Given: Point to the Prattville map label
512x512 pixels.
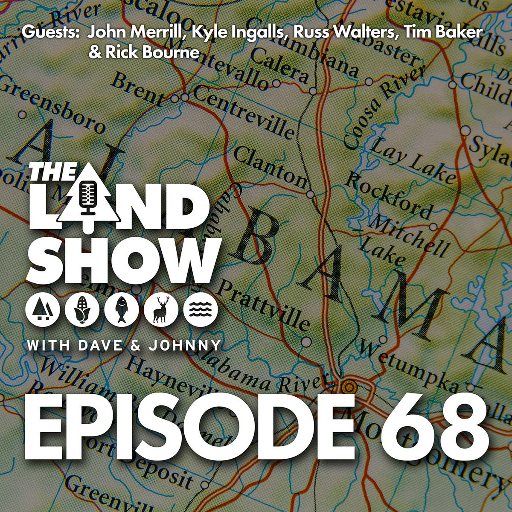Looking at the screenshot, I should pos(265,305).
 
